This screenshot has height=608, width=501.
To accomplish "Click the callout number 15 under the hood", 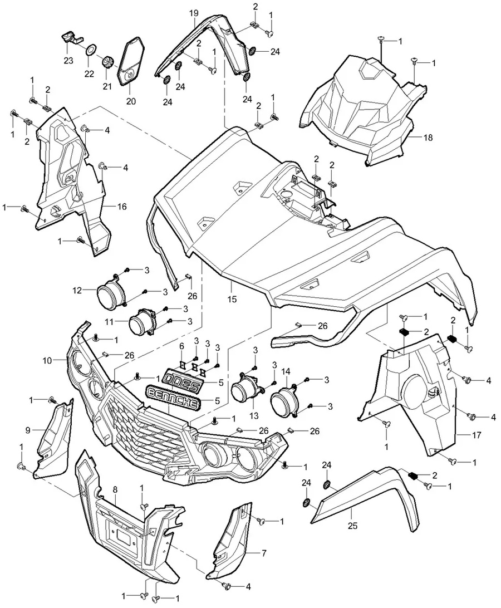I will pos(232,299).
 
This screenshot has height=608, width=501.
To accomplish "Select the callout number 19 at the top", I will pos(193,12).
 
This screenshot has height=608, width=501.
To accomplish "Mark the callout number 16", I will pos(122,207).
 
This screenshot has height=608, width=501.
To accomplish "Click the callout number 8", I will pos(115,489).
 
